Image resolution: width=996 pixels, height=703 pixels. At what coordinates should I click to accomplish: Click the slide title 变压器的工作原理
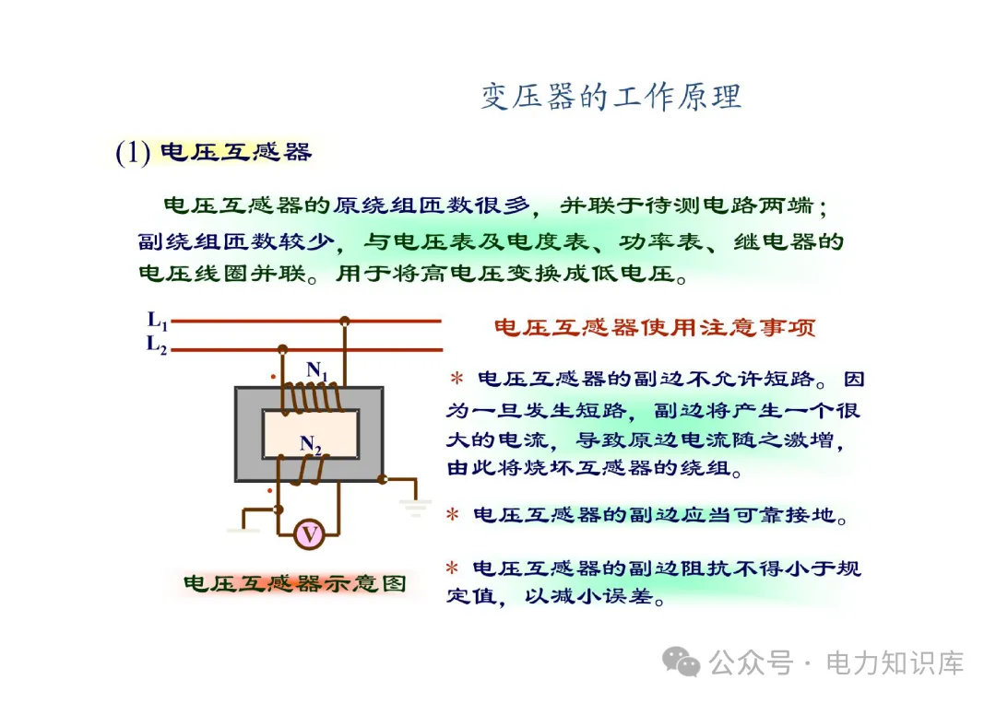pyautogui.click(x=611, y=97)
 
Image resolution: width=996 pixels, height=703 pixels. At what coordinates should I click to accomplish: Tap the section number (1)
pyautogui.click(x=133, y=153)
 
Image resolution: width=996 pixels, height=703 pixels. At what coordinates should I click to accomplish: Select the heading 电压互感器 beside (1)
pyautogui.click(x=236, y=152)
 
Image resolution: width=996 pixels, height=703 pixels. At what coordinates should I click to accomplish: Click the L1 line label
pyautogui.click(x=158, y=321)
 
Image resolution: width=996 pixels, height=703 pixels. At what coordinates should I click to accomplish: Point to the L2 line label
pyautogui.click(x=158, y=346)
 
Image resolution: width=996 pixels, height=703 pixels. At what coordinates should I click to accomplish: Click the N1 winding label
pyautogui.click(x=318, y=370)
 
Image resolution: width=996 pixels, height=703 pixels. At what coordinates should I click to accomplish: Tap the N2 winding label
pyautogui.click(x=312, y=446)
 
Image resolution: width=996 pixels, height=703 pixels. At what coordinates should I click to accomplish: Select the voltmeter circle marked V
pyautogui.click(x=310, y=533)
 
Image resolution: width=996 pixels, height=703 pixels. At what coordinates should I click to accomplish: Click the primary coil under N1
pyautogui.click(x=312, y=398)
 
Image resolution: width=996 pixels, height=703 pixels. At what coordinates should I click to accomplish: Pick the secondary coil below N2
pyautogui.click(x=312, y=469)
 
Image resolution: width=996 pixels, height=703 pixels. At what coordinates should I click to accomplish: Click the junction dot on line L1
pyautogui.click(x=345, y=321)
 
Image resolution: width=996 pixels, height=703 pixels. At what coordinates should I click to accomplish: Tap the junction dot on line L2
pyautogui.click(x=282, y=349)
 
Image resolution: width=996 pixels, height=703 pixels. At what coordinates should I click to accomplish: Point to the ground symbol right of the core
pyautogui.click(x=416, y=506)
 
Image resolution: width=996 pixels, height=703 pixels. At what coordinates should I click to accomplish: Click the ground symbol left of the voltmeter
pyautogui.click(x=243, y=528)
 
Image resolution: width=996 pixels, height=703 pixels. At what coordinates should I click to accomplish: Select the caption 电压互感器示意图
pyautogui.click(x=294, y=584)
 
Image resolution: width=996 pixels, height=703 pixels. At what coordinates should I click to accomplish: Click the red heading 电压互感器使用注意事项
pyautogui.click(x=655, y=328)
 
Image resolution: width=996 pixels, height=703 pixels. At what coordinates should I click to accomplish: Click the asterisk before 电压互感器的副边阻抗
pyautogui.click(x=452, y=568)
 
